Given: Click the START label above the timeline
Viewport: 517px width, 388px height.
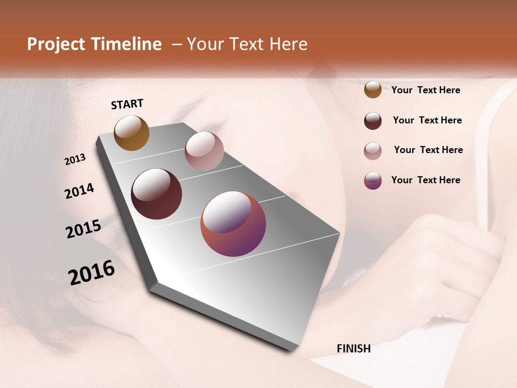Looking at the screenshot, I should coord(127,104).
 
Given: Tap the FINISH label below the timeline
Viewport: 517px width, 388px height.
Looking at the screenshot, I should coord(353,349).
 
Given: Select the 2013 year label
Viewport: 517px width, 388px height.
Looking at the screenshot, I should coord(75,160).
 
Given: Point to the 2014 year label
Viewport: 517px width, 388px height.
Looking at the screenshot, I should coord(79,191).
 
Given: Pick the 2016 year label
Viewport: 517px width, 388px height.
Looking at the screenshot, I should coord(92,273).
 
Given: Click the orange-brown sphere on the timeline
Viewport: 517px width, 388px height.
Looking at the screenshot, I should coord(132,133).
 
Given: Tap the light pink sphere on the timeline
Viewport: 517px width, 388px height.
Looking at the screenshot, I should coord(204,151).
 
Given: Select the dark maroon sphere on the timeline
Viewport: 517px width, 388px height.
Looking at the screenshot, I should coord(156,194).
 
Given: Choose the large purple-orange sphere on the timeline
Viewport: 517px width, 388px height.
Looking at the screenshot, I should coord(233,224).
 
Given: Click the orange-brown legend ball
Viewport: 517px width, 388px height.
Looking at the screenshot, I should coord(373,89).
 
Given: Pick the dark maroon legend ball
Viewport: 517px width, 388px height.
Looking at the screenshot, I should coord(373,121).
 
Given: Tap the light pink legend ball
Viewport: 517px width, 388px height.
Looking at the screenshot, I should coord(373,151).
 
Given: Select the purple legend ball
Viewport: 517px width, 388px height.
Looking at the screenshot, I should coord(373,181).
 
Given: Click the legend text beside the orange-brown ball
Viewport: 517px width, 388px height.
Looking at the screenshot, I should coord(425,90).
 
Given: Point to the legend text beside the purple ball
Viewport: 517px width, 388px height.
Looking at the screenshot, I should coord(425,180).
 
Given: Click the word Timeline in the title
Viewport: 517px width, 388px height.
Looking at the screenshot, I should coord(127,44).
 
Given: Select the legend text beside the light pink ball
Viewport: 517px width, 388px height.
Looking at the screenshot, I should coord(428,150).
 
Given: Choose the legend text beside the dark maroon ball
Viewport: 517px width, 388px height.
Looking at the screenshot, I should coord(427,120).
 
